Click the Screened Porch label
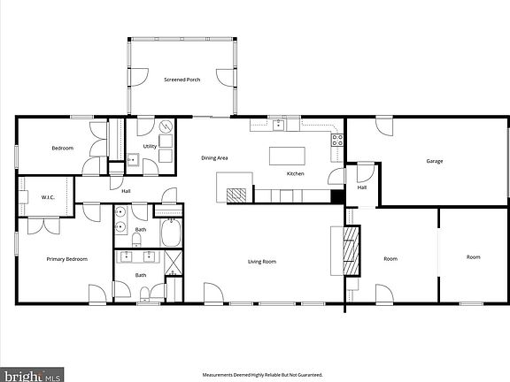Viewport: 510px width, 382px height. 182,80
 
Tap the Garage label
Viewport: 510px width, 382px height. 434,161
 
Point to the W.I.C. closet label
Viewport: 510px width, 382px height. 48,197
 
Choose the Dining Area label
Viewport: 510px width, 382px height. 214,157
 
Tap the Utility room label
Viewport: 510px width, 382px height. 150,146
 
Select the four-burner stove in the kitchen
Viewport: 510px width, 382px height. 336,139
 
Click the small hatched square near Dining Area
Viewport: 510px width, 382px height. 236,195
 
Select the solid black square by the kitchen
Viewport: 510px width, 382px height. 336,197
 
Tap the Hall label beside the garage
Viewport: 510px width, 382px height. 362,187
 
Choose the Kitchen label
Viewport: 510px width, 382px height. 295,174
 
